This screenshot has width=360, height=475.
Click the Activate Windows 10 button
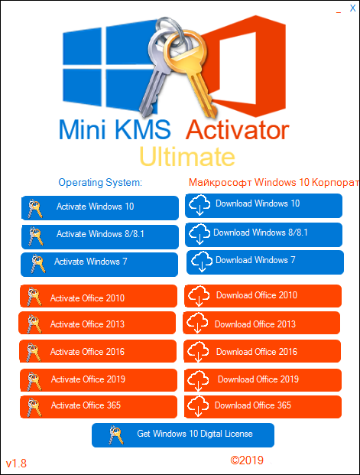click(99, 207)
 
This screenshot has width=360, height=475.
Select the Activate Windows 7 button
click(99, 262)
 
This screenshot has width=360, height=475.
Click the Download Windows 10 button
click(264, 205)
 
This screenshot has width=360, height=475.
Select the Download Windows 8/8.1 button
click(264, 233)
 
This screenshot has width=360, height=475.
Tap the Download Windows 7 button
click(264, 262)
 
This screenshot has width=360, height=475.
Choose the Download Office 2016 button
click(264, 352)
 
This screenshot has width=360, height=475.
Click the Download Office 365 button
click(264, 405)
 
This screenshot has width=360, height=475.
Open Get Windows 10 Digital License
click(183, 434)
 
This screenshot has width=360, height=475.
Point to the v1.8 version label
click(16, 464)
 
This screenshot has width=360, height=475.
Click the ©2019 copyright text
click(247, 460)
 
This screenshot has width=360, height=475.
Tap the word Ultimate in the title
click(187, 157)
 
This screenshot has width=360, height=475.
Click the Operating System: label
click(100, 183)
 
